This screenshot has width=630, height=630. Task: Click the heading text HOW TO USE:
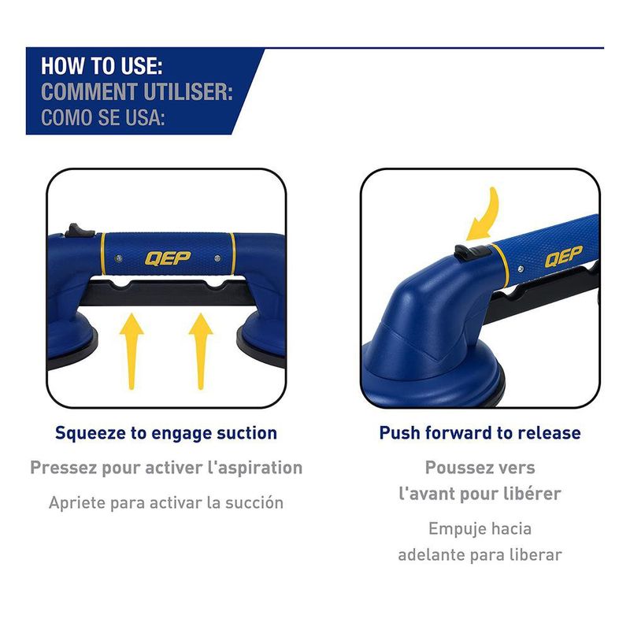[x=102, y=65]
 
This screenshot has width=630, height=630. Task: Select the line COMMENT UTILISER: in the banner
[x=136, y=91]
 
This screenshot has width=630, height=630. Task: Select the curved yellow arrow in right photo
[x=485, y=213]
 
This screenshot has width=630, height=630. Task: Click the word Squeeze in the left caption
[x=87, y=433]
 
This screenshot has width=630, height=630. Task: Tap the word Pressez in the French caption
[x=62, y=468]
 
